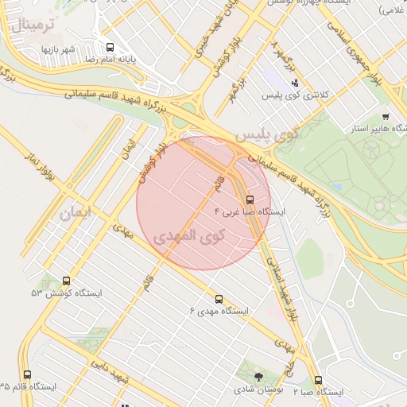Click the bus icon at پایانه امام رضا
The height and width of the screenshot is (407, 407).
pyautogui.click(x=109, y=46)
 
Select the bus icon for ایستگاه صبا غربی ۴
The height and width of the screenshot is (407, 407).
pyautogui.click(x=250, y=200)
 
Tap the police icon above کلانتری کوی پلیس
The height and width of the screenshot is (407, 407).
pyautogui.click(x=296, y=82)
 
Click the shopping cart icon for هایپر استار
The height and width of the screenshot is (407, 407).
pyautogui.click(x=386, y=115)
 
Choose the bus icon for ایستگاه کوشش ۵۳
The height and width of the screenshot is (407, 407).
pyautogui.click(x=65, y=281)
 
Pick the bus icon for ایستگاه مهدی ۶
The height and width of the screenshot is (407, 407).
pyautogui.click(x=219, y=299)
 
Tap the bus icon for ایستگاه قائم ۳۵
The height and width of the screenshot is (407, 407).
pyautogui.click(x=28, y=374)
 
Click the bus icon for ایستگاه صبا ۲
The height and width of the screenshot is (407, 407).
pyautogui.click(x=318, y=380)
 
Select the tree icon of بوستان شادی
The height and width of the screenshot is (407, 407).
pyautogui.click(x=258, y=376)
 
